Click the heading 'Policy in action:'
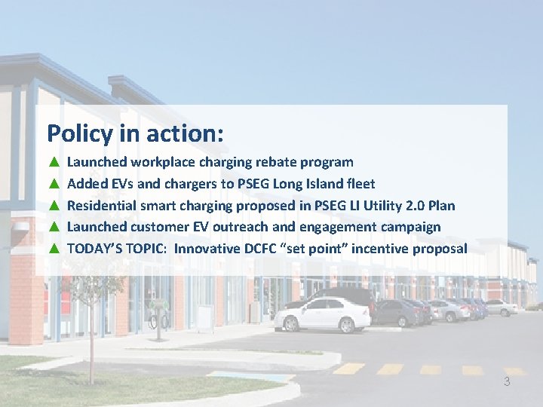(135, 133)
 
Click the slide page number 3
(507, 382)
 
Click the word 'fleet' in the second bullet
(360, 184)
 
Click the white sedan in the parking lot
(322, 314)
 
